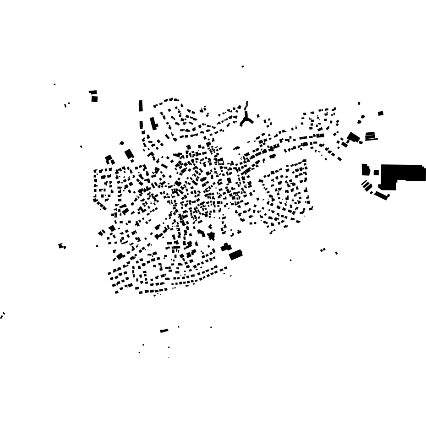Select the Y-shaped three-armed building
(x=246, y=120)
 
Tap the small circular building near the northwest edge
(x=122, y=143)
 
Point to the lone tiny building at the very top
(x=243, y=67)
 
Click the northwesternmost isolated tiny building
(x=55, y=84)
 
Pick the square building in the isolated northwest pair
(x=94, y=99)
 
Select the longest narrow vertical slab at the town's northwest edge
(x=141, y=106)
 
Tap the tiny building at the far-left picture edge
(x=2, y=316)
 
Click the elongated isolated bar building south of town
(x=164, y=331)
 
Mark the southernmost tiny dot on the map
(x=169, y=357)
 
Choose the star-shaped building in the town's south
(x=211, y=236)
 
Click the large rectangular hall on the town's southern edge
(x=235, y=255)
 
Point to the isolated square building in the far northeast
(x=381, y=114)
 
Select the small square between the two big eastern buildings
(x=376, y=173)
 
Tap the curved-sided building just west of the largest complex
(x=366, y=170)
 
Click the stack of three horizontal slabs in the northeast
(x=371, y=136)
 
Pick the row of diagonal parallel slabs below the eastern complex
(x=367, y=186)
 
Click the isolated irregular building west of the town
(x=61, y=246)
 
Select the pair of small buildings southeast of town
(x=322, y=250)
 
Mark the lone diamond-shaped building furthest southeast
(x=336, y=253)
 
